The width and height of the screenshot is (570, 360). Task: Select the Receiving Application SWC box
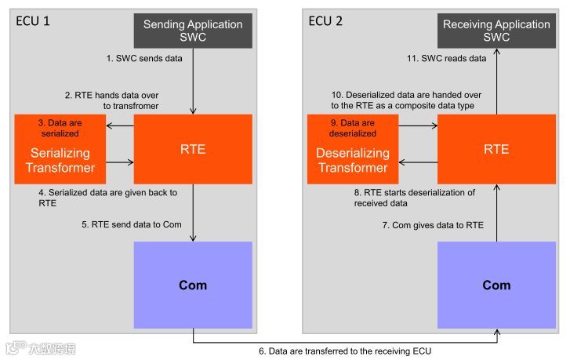496,30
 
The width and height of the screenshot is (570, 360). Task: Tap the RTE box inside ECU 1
192,149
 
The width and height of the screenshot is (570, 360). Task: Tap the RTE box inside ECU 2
496,149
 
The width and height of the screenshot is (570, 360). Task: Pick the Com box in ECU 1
193,285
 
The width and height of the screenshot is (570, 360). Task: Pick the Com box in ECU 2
496,285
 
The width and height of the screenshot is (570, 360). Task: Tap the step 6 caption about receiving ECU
345,351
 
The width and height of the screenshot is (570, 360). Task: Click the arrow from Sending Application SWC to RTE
193,79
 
